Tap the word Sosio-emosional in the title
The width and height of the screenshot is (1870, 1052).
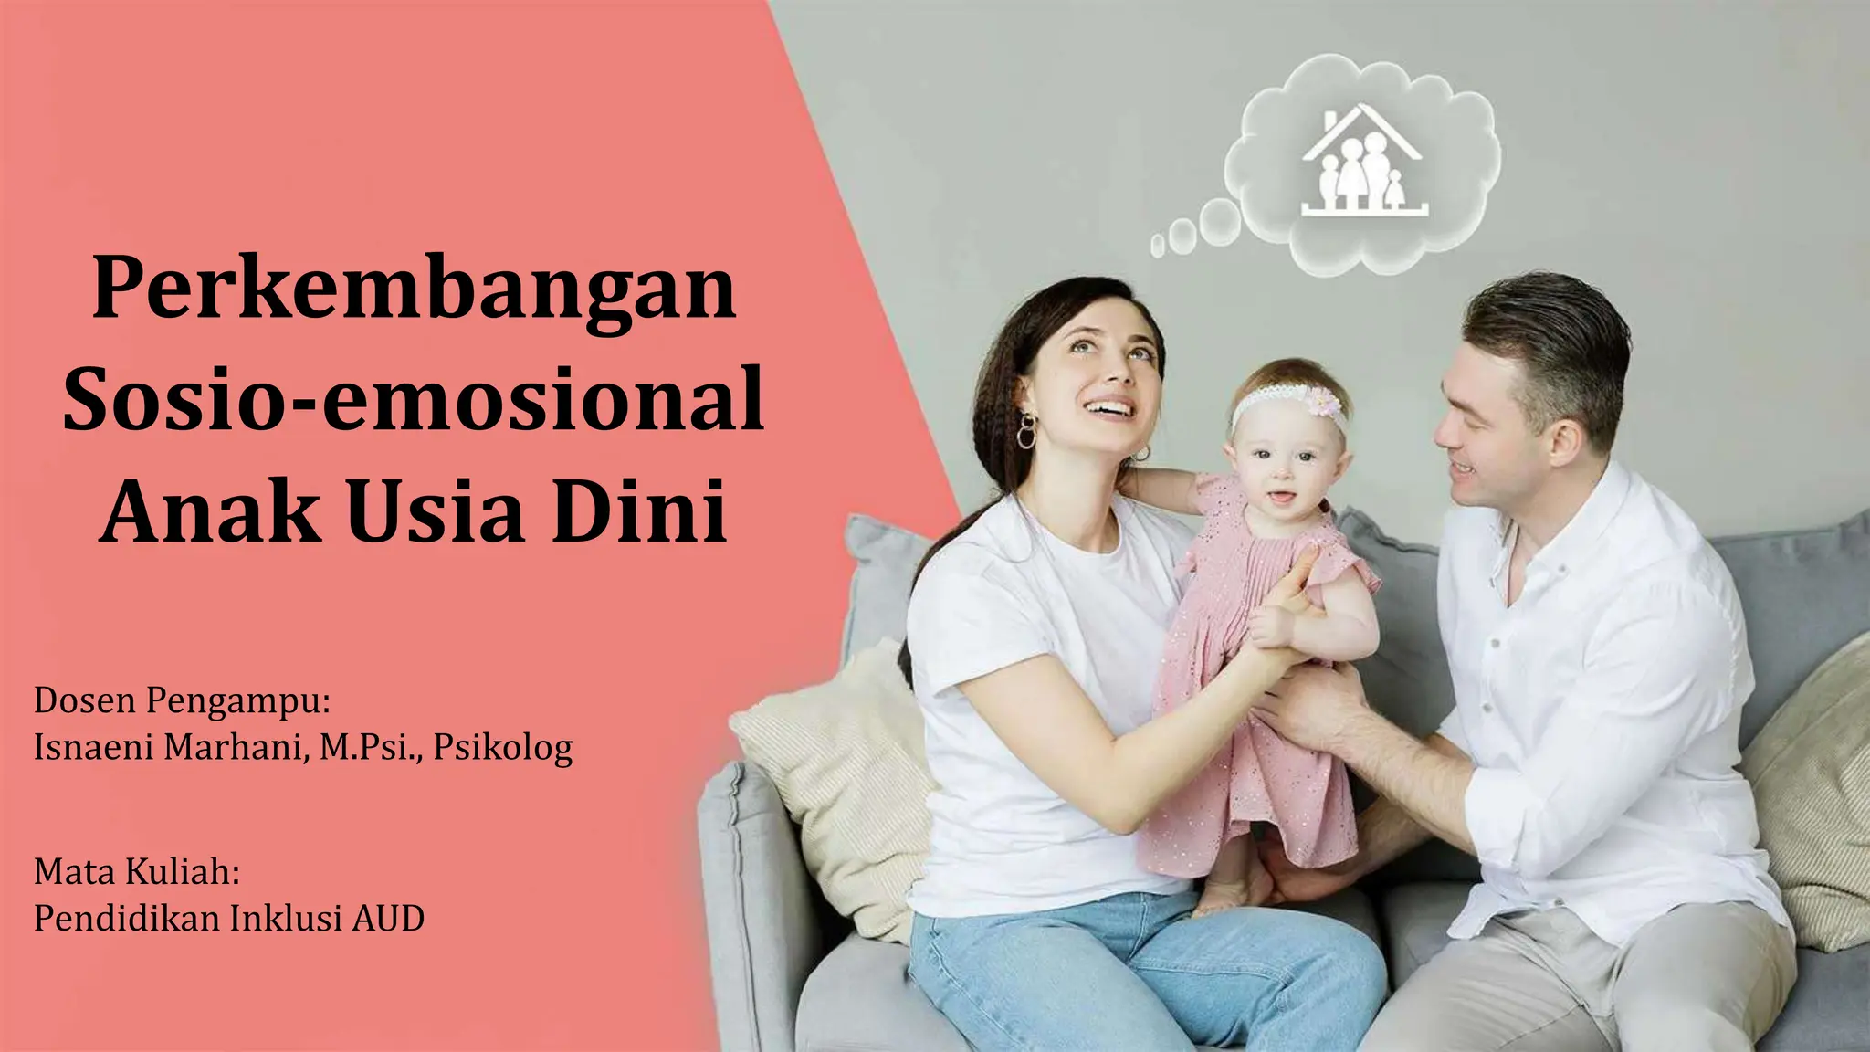(x=414, y=402)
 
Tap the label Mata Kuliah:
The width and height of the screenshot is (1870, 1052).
(x=137, y=872)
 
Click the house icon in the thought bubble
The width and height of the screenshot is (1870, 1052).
(x=1364, y=163)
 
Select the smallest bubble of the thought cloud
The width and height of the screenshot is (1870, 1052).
(x=1158, y=245)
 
